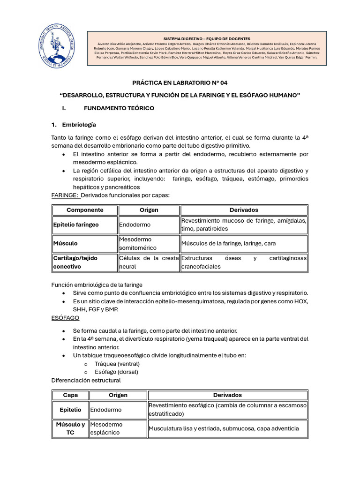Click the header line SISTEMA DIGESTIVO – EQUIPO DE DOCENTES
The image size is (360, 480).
(x=206, y=38)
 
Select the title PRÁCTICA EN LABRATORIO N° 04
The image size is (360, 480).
(x=180, y=83)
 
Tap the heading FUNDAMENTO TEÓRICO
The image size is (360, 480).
(x=119, y=108)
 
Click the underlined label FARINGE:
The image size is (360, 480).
(x=65, y=195)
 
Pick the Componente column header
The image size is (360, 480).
(x=85, y=210)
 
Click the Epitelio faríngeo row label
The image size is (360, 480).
(x=76, y=225)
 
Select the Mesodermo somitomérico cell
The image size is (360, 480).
(x=138, y=243)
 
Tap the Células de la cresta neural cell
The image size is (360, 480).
(x=149, y=262)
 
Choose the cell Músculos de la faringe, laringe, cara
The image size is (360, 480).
(x=234, y=244)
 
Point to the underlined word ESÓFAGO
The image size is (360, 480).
(x=65, y=318)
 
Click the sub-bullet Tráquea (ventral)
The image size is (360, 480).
(x=117, y=364)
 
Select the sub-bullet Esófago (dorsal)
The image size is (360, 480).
(x=116, y=372)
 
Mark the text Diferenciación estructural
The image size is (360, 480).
(x=86, y=380)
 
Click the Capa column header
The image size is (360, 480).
(x=70, y=395)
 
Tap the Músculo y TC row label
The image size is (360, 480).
(x=70, y=428)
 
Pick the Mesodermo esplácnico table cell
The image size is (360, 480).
(x=106, y=428)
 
